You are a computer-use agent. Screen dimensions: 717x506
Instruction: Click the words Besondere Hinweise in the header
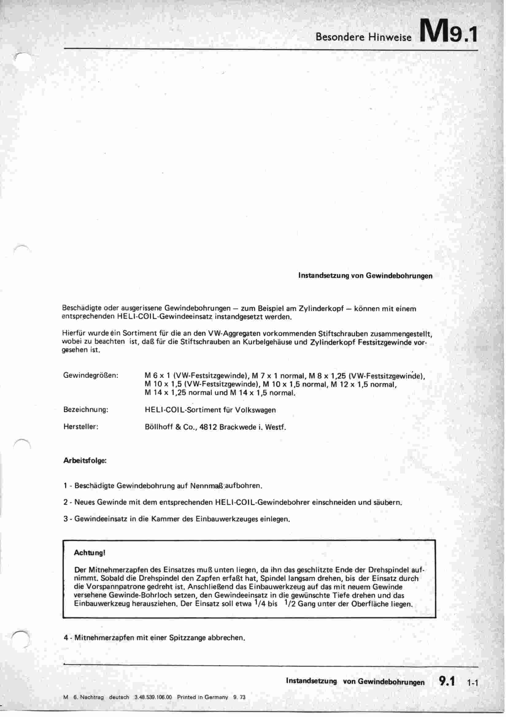364,37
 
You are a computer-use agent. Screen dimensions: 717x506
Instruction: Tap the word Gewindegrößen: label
91,375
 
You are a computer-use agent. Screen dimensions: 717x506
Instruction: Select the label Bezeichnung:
86,410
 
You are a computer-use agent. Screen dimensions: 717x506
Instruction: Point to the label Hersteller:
81,427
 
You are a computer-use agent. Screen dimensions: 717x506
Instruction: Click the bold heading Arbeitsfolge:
85,461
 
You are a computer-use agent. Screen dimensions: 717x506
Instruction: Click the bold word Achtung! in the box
89,553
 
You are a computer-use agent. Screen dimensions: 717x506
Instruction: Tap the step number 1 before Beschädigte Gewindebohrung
65,486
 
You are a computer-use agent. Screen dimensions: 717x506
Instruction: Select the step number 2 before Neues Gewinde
65,502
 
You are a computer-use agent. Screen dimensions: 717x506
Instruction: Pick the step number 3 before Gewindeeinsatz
65,519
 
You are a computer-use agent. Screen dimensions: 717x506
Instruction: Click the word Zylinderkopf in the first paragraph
322,309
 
